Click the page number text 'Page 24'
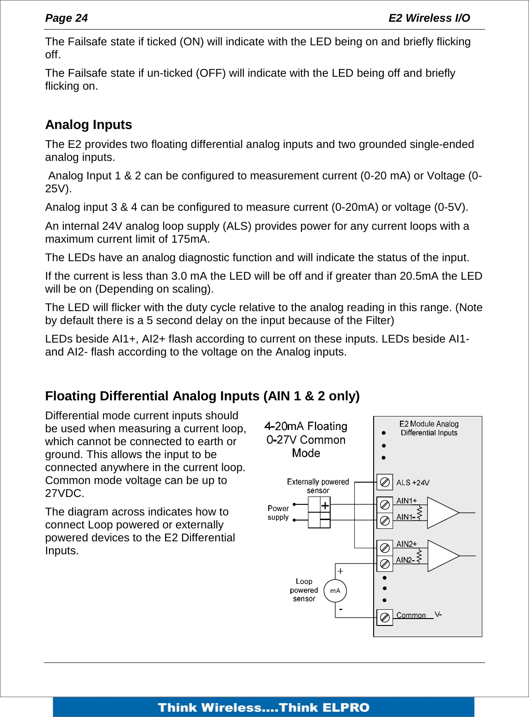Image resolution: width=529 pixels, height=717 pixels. pos(66,18)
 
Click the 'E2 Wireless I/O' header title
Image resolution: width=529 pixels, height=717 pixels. pos(429,18)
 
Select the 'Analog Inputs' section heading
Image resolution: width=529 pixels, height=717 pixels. pos(88,125)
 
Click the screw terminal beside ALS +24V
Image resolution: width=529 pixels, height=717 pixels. pos(384,482)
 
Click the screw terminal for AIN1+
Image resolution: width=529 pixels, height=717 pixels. pos(384,505)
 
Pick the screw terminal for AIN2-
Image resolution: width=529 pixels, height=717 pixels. pos(384,564)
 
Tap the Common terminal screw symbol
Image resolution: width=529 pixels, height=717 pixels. pos(384,618)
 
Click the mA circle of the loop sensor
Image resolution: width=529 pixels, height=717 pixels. pos(335,590)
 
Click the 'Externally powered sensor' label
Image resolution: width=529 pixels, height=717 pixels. pos(318,486)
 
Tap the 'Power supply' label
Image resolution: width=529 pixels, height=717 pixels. pos(278,513)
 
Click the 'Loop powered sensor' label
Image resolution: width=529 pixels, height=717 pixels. pos(304,590)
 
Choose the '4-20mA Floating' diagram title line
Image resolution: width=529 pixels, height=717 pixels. pos(306,426)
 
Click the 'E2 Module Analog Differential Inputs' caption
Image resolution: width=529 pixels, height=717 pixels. pos(429,428)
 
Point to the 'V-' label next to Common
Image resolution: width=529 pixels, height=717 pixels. pos(438,614)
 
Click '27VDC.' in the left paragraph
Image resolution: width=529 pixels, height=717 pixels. pos(64,493)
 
